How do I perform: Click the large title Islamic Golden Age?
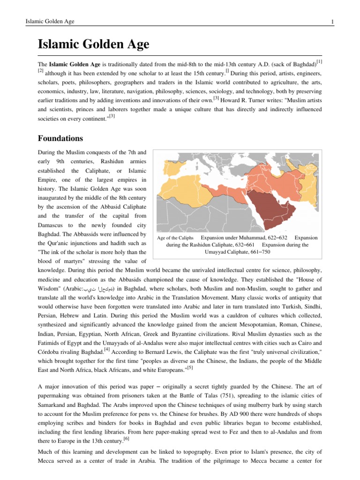(93, 45)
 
